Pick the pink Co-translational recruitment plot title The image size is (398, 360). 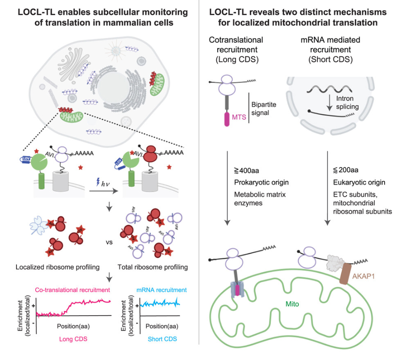[x=71, y=290]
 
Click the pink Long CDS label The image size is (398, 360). [x=71, y=339]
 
